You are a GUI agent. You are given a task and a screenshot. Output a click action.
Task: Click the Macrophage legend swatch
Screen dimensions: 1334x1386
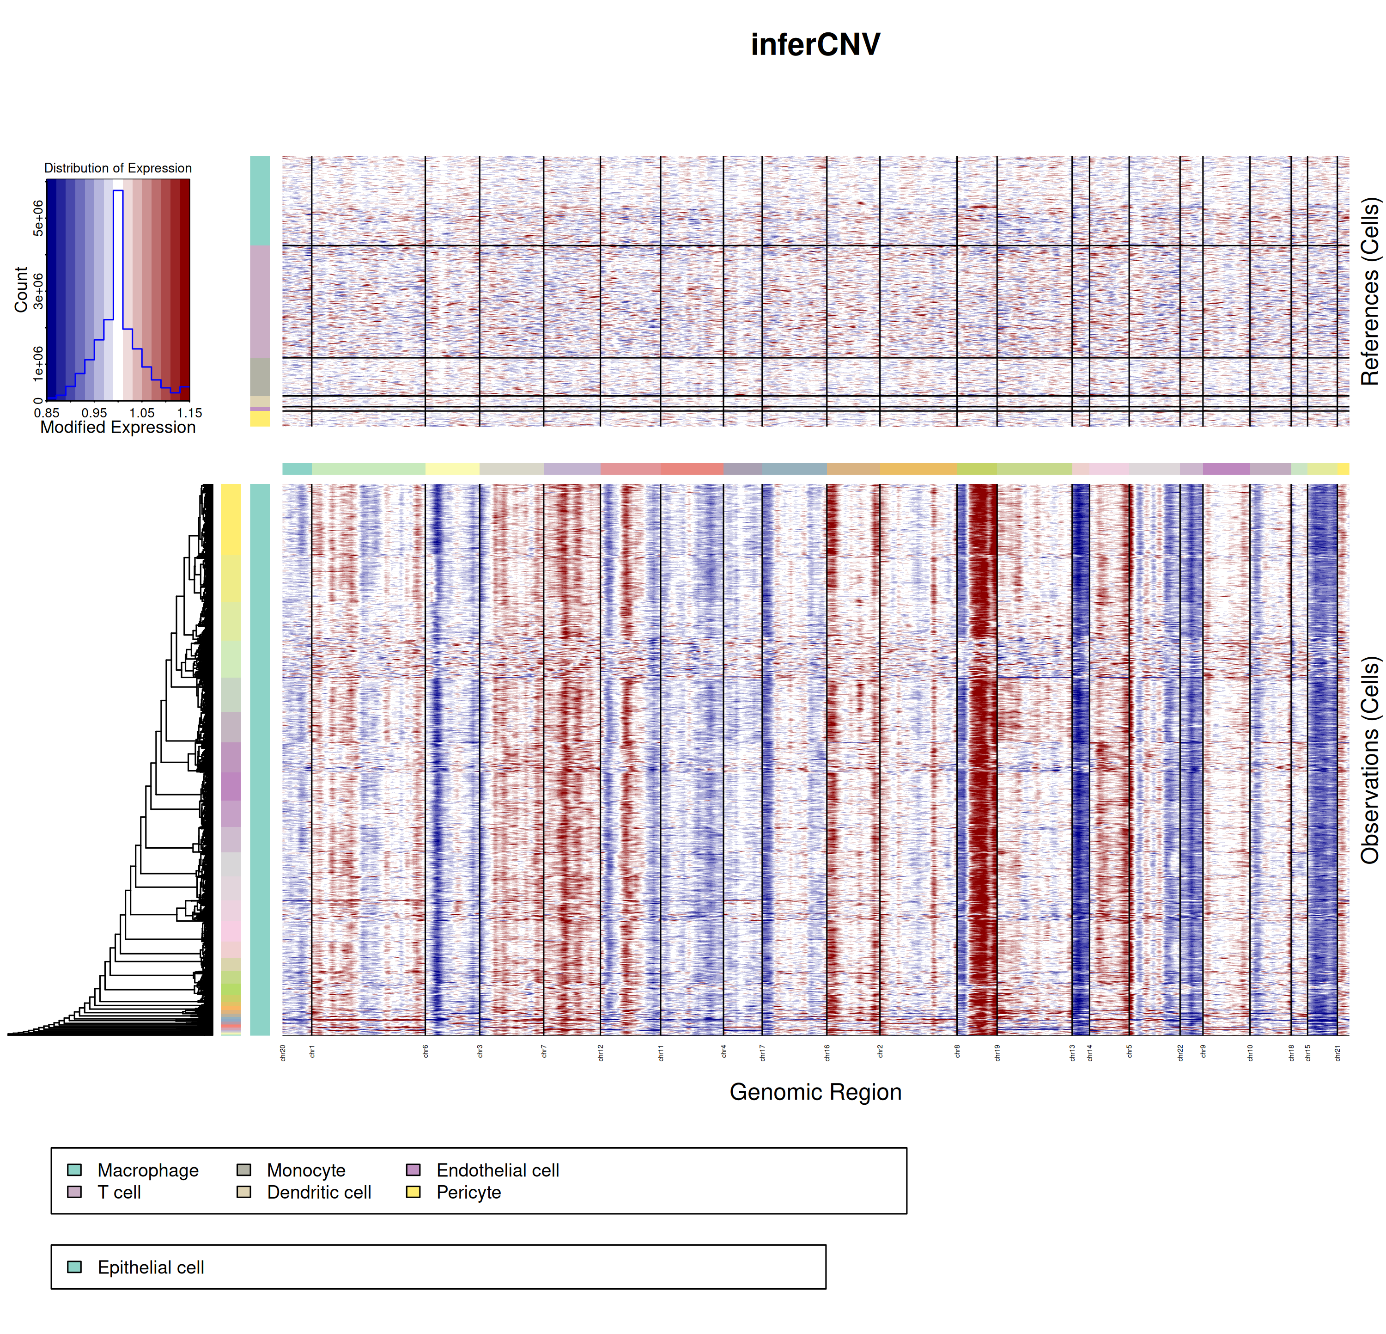click(x=74, y=1170)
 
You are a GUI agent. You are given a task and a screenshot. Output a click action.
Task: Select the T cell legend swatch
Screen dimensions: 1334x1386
click(x=74, y=1192)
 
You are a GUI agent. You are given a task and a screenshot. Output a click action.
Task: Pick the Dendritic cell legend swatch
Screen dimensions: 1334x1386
click(x=244, y=1192)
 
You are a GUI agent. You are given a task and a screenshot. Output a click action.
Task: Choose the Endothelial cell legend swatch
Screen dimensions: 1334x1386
click(x=413, y=1170)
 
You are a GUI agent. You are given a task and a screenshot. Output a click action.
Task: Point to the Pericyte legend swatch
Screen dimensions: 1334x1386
click(x=413, y=1192)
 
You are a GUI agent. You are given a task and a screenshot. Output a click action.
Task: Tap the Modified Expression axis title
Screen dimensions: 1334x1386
click(x=117, y=427)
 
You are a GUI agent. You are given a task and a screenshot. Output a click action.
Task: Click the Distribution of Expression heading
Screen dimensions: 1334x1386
click(x=117, y=168)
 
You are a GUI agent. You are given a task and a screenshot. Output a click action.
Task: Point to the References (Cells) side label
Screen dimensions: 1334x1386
click(x=1370, y=291)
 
